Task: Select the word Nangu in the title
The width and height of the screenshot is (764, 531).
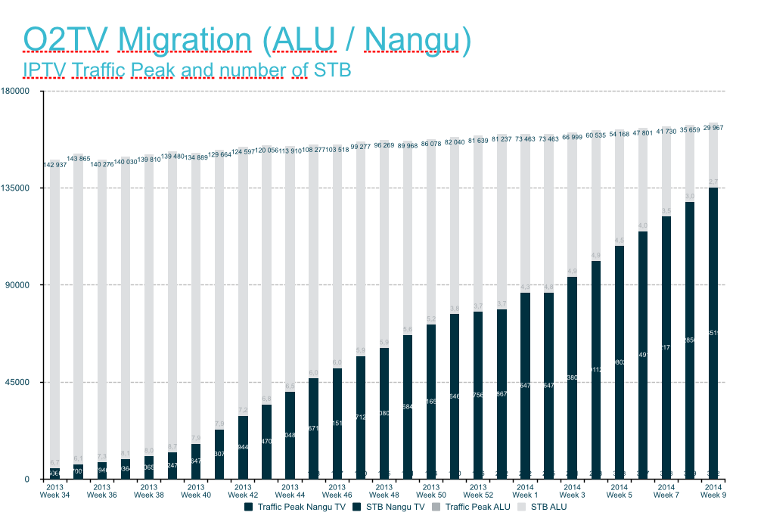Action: coord(412,39)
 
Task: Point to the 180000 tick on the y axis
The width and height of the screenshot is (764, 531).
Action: coord(28,91)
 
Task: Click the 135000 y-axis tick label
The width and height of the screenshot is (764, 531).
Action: coord(28,188)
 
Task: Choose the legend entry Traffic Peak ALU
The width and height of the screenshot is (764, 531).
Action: coord(477,507)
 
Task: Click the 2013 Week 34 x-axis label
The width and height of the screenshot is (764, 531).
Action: coord(54,491)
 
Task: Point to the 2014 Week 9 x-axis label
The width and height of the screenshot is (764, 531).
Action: coord(713,491)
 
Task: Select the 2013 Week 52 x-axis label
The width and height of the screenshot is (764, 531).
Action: coord(478,491)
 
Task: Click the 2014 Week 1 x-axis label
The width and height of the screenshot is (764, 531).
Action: coord(525,491)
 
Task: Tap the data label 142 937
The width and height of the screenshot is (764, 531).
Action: coord(54,164)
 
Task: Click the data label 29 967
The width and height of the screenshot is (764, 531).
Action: coord(713,128)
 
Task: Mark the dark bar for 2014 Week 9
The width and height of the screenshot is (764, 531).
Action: coord(713,333)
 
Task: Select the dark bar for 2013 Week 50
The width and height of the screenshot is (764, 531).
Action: coord(431,401)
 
